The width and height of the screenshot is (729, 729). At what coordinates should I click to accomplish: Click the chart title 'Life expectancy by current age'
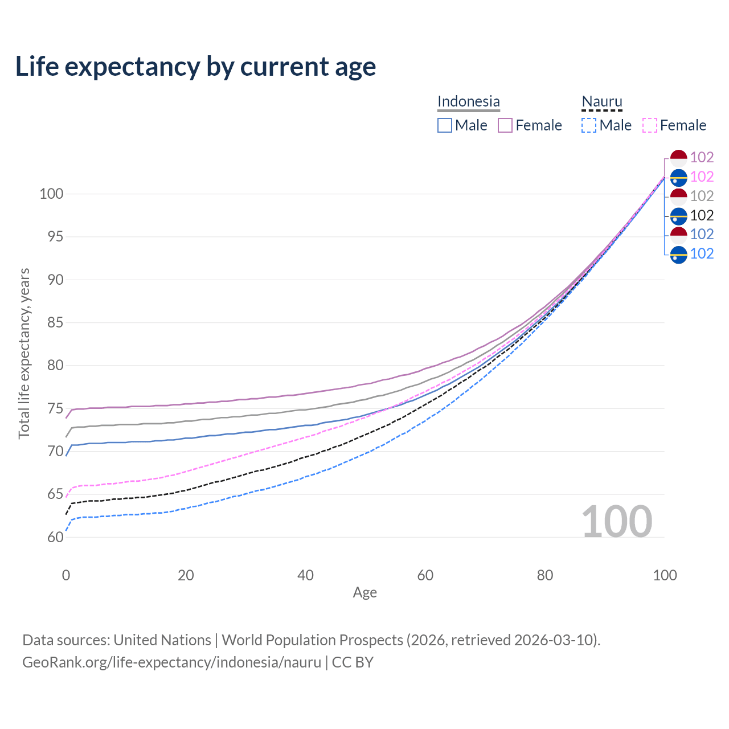tap(195, 67)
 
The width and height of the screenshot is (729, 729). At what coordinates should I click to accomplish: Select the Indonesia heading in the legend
tap(468, 101)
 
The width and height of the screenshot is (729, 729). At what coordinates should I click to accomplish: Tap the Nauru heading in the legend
tap(601, 101)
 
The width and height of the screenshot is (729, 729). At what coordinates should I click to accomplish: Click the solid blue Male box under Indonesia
tap(444, 125)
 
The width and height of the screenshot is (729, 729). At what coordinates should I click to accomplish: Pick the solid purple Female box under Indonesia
tap(505, 125)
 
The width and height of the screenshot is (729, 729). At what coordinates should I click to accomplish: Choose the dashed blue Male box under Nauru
tap(589, 125)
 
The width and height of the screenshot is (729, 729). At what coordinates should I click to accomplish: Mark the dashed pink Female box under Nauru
tap(650, 125)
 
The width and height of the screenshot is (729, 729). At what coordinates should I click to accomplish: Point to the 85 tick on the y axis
tap(55, 323)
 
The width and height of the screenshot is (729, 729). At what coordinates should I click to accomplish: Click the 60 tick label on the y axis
tap(55, 537)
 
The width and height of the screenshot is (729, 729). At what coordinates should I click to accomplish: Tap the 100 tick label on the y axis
tap(51, 194)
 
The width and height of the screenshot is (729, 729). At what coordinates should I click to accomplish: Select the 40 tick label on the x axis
tap(305, 575)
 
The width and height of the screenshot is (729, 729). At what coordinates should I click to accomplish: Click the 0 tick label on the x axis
tap(66, 575)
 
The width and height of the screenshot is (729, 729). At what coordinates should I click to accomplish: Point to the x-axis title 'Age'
tap(364, 593)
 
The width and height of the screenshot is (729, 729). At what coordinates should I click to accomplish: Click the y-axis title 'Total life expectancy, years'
tap(24, 354)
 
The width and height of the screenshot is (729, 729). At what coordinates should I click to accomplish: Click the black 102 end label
tap(702, 215)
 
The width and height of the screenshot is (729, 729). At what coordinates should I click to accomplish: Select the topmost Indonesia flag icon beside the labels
tap(679, 158)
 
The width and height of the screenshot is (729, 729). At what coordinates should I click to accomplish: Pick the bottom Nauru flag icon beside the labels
tap(679, 254)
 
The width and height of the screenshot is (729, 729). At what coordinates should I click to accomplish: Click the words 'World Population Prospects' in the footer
tap(313, 640)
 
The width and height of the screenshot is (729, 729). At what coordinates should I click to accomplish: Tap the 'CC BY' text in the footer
tap(353, 662)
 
